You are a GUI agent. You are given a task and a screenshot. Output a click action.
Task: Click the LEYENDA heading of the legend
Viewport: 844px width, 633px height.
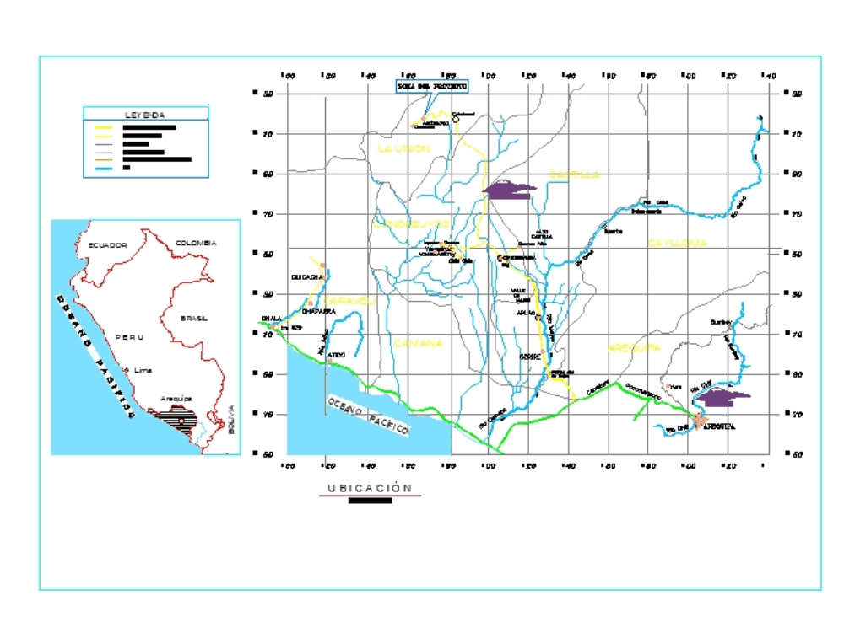(145, 115)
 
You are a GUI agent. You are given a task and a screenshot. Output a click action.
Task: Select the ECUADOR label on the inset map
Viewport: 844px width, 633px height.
(107, 245)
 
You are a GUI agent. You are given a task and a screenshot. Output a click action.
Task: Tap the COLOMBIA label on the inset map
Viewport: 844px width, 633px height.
(196, 243)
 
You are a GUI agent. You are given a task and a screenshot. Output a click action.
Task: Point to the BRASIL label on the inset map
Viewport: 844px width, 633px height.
(193, 319)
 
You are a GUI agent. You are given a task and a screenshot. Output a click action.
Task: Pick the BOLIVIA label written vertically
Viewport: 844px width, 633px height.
(231, 420)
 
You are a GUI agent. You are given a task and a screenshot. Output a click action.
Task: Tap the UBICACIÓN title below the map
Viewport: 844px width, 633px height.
(370, 488)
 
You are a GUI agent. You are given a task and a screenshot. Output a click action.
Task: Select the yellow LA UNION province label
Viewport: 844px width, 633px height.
(403, 148)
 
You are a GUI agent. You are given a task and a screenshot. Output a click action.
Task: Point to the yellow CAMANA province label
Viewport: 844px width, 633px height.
(417, 343)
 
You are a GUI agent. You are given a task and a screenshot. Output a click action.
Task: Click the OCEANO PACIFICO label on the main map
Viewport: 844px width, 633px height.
(368, 416)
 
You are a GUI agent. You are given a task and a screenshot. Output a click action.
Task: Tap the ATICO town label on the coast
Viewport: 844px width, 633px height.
(336, 356)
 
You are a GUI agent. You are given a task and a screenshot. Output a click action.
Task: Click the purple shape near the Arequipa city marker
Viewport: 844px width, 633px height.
(724, 398)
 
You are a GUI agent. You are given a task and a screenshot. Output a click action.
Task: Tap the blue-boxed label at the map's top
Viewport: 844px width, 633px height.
(431, 86)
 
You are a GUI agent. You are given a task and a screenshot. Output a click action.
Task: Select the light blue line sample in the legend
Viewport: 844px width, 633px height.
(103, 169)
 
